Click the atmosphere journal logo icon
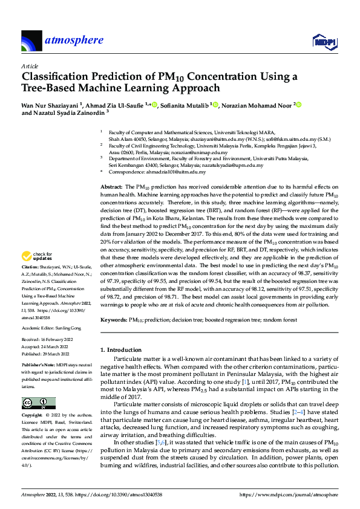tap(31, 41)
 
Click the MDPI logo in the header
tap(323, 41)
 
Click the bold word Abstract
tap(111, 189)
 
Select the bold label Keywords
tap(113, 319)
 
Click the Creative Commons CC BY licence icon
tap(39, 403)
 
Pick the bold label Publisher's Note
tap(38, 366)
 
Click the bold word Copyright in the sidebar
tap(33, 416)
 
